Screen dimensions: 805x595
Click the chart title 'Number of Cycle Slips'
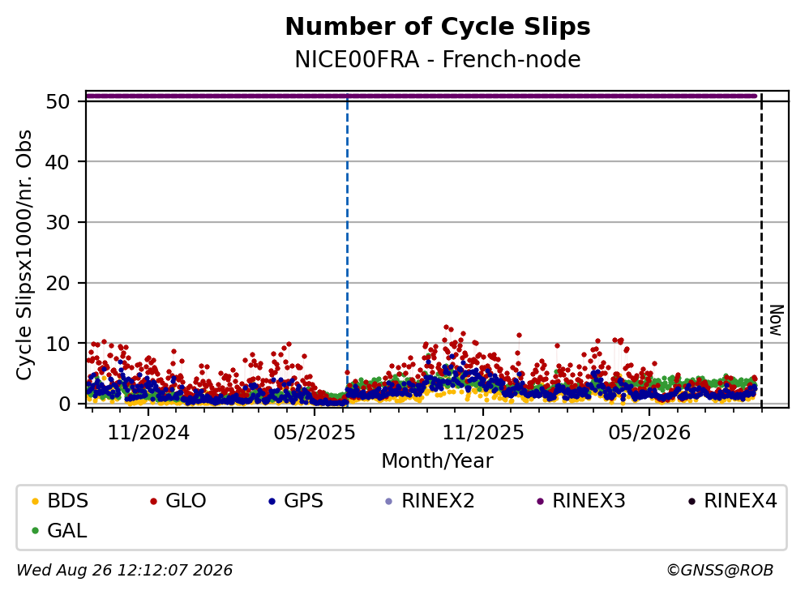point(438,27)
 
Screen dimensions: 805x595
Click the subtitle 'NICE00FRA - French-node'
point(438,59)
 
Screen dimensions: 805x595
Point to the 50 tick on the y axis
point(58,101)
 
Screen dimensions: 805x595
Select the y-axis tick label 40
point(58,162)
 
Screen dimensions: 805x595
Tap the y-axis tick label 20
point(58,283)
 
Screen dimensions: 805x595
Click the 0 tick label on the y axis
point(65,404)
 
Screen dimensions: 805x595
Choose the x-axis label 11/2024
point(148,433)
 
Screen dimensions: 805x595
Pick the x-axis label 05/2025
point(315,433)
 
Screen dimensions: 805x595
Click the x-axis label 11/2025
point(483,433)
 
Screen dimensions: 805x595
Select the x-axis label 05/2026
point(649,433)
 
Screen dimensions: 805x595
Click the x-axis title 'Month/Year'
point(438,461)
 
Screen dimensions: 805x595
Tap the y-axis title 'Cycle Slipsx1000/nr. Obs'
point(24,255)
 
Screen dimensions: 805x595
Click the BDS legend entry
point(59,500)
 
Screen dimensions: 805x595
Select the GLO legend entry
point(178,500)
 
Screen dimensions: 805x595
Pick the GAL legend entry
point(59,530)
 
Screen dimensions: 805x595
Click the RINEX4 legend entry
point(733,500)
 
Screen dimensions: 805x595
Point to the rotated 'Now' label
point(777,321)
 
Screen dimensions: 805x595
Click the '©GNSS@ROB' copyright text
point(720,570)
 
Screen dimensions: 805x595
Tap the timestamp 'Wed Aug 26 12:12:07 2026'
point(125,570)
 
